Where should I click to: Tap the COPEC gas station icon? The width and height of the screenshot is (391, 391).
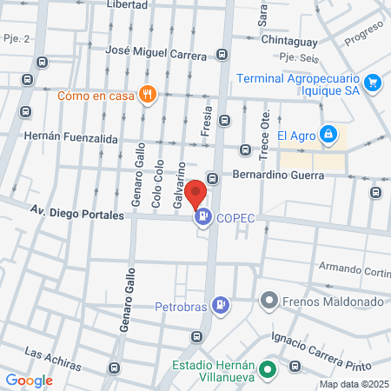[203, 217]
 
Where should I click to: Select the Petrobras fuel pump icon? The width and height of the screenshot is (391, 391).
[222, 305]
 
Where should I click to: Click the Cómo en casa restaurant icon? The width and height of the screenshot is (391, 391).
[149, 95]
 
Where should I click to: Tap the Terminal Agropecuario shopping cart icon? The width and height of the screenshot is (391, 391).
[373, 82]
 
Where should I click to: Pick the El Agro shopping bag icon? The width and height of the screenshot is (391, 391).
[328, 135]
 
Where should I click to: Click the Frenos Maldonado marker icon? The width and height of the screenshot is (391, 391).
[268, 302]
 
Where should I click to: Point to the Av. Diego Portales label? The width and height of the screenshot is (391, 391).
[76, 210]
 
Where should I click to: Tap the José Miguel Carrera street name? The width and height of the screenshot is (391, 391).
[156, 55]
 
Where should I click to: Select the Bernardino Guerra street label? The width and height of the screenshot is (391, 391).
[278, 175]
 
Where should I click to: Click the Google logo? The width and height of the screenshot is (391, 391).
[29, 380]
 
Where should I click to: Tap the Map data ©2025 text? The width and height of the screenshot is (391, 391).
[354, 384]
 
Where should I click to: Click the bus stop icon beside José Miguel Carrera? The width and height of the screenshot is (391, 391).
[222, 55]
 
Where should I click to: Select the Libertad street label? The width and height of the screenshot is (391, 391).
[127, 5]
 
